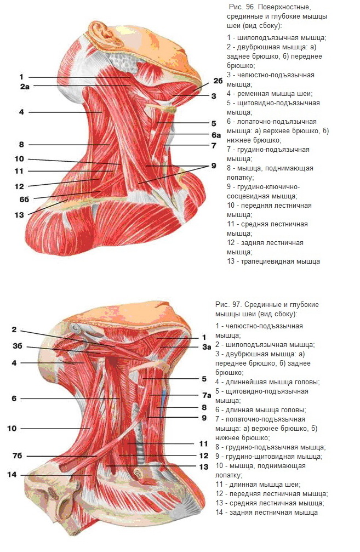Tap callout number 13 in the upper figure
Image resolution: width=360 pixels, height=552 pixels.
click(19, 215)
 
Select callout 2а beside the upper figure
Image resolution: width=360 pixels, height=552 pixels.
click(25, 86)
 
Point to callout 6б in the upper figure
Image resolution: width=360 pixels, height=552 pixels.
click(24, 199)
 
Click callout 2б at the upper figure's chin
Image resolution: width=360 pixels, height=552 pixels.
click(218, 81)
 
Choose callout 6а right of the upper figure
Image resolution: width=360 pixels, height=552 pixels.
click(216, 135)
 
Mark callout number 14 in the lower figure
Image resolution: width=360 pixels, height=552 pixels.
click(12, 475)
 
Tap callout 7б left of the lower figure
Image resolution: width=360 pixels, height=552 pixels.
click(17, 456)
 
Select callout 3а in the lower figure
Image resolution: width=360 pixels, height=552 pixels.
click(207, 347)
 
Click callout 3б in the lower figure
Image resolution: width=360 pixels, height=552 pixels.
click(17, 346)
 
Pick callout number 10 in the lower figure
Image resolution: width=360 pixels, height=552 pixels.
click(12, 429)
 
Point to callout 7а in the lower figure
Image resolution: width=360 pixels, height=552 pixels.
click(207, 395)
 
